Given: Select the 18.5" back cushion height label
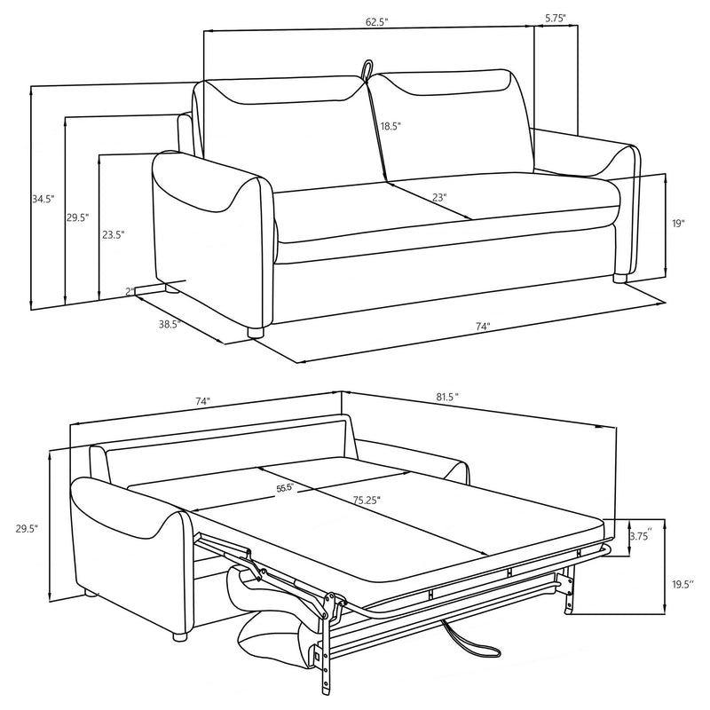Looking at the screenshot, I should [x=391, y=127].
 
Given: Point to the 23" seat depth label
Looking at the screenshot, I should [x=439, y=198].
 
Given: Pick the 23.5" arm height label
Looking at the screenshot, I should [x=113, y=235].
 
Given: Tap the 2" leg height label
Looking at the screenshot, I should [x=130, y=291].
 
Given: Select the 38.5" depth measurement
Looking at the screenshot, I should [x=170, y=325].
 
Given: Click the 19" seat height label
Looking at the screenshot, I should [x=678, y=225].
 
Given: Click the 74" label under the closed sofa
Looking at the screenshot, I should [x=483, y=327].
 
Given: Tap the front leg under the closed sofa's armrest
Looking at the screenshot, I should [x=256, y=333].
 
